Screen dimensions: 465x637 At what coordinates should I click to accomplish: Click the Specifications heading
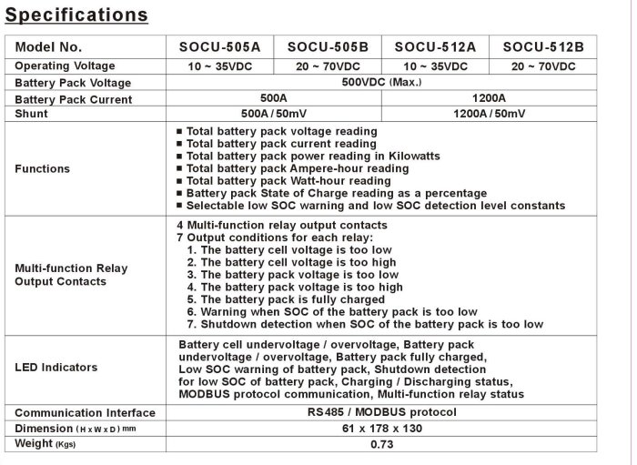[77, 15]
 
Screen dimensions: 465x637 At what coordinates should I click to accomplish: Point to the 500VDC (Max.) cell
[381, 82]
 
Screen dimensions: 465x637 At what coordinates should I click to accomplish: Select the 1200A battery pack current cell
[490, 98]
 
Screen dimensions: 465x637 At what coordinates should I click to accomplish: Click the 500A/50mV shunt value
[275, 114]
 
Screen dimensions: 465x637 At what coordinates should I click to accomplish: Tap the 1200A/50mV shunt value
[490, 114]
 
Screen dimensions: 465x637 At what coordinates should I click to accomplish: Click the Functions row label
[43, 168]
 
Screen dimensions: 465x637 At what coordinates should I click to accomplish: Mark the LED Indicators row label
[56, 367]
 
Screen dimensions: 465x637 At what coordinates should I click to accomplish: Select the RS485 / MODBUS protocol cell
[381, 412]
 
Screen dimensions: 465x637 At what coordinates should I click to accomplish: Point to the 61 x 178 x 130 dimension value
[381, 428]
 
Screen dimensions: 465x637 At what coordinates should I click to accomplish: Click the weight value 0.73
[381, 444]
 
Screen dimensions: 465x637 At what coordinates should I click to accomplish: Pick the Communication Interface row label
[85, 412]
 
